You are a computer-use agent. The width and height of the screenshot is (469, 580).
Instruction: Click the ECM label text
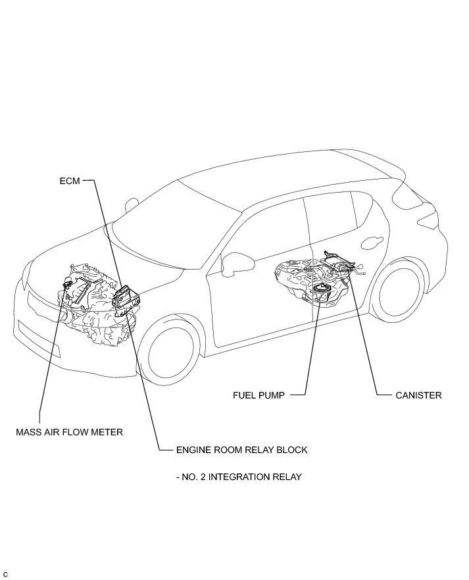click(69, 181)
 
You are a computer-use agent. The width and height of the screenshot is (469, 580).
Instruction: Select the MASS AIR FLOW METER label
click(70, 432)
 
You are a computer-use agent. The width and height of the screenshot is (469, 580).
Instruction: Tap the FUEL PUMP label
click(259, 395)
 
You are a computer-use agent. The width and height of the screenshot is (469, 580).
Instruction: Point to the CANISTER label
click(418, 395)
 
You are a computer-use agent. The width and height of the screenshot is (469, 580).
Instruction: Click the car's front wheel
click(170, 356)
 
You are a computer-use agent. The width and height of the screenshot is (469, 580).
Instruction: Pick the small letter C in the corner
click(5, 575)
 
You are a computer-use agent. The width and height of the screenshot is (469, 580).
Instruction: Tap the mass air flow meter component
click(68, 283)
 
